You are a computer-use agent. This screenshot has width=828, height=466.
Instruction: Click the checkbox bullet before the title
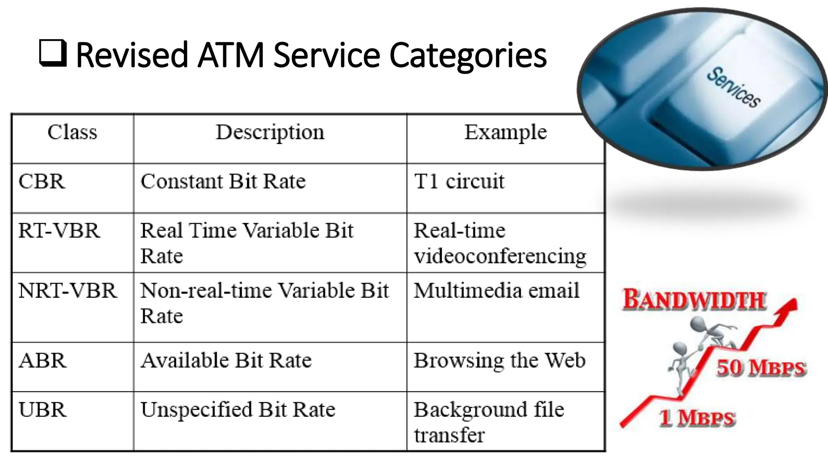tap(53, 53)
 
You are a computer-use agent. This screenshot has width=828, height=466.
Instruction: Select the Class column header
tap(72, 132)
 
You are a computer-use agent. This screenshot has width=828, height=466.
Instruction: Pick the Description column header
tap(270, 132)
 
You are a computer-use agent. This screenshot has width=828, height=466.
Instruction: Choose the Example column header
tap(505, 132)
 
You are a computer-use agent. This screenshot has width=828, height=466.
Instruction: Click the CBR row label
tap(42, 182)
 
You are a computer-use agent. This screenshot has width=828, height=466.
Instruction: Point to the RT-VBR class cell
tap(59, 231)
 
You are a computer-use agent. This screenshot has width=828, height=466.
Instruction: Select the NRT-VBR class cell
tap(68, 291)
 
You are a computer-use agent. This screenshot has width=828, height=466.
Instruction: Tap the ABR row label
tap(42, 360)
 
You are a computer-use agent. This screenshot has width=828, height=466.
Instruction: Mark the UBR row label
tap(42, 410)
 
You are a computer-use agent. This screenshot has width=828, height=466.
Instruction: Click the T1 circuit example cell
tap(459, 182)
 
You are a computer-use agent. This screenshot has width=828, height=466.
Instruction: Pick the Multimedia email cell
tap(496, 291)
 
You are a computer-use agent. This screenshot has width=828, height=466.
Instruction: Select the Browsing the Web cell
tap(499, 360)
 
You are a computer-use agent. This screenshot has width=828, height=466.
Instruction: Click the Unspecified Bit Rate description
tap(238, 410)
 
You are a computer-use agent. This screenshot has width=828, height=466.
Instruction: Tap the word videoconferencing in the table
tap(500, 256)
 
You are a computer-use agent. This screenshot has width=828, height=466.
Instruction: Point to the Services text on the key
tap(733, 87)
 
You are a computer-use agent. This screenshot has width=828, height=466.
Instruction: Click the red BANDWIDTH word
tap(694, 301)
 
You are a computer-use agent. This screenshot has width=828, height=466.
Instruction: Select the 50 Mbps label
tap(761, 368)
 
